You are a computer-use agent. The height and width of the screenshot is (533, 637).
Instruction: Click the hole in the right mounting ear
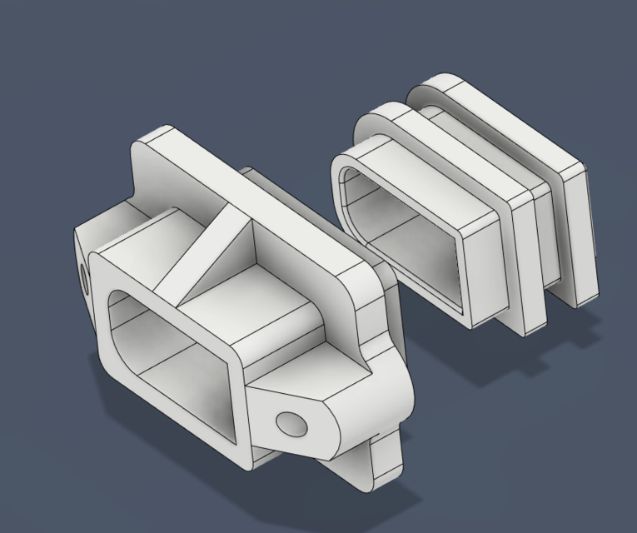(291, 424)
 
